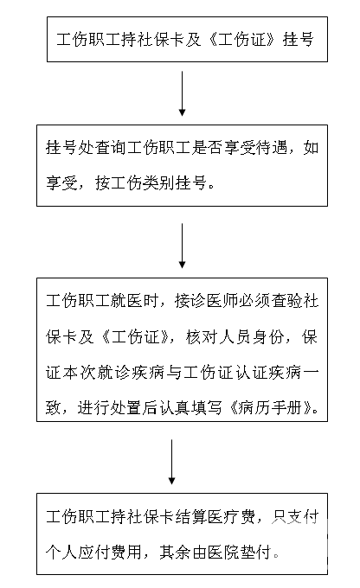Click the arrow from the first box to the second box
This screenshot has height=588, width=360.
click(x=182, y=93)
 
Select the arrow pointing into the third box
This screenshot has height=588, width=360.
click(x=182, y=246)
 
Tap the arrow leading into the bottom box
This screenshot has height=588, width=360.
click(x=171, y=462)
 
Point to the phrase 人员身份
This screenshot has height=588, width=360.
click(x=250, y=336)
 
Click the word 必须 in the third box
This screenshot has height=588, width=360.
click(x=254, y=301)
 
